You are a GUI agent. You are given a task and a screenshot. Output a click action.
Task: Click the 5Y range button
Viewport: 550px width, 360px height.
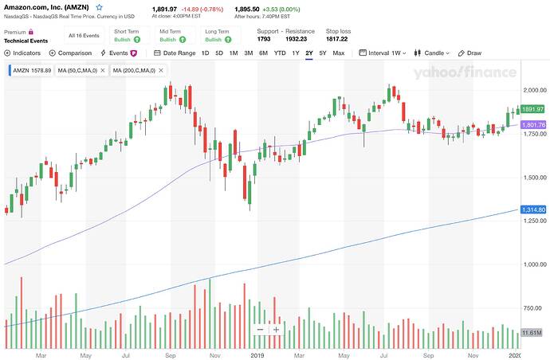[322, 53]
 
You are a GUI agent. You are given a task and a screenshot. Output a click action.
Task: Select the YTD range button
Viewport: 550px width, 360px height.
[280, 53]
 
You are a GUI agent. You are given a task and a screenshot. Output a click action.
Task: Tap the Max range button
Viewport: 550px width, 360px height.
[339, 53]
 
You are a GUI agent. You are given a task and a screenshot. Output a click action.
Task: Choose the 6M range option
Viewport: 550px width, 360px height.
[264, 53]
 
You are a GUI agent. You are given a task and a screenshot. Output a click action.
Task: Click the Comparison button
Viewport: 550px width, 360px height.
[70, 53]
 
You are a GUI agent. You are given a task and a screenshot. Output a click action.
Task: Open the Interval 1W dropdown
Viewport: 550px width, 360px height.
[383, 53]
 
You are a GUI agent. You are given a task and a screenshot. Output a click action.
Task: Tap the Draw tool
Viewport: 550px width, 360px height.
[470, 53]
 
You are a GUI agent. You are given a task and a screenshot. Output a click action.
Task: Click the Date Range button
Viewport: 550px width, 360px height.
[175, 53]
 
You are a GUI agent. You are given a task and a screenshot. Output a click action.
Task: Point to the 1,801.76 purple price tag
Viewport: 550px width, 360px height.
[532, 124]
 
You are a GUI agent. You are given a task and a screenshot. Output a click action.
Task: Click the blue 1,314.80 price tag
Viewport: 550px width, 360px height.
[532, 209]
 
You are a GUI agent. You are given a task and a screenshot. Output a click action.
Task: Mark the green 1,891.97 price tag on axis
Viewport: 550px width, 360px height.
[532, 109]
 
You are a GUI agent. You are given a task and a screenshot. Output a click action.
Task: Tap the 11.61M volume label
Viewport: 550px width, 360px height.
[531, 332]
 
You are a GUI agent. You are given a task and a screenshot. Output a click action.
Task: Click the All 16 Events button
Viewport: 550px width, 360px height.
[83, 36]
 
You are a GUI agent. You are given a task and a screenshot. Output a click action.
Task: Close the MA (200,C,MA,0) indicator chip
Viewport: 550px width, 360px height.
[160, 70]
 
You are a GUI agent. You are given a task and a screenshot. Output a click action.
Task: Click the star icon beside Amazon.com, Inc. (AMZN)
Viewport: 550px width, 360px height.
[100, 6]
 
